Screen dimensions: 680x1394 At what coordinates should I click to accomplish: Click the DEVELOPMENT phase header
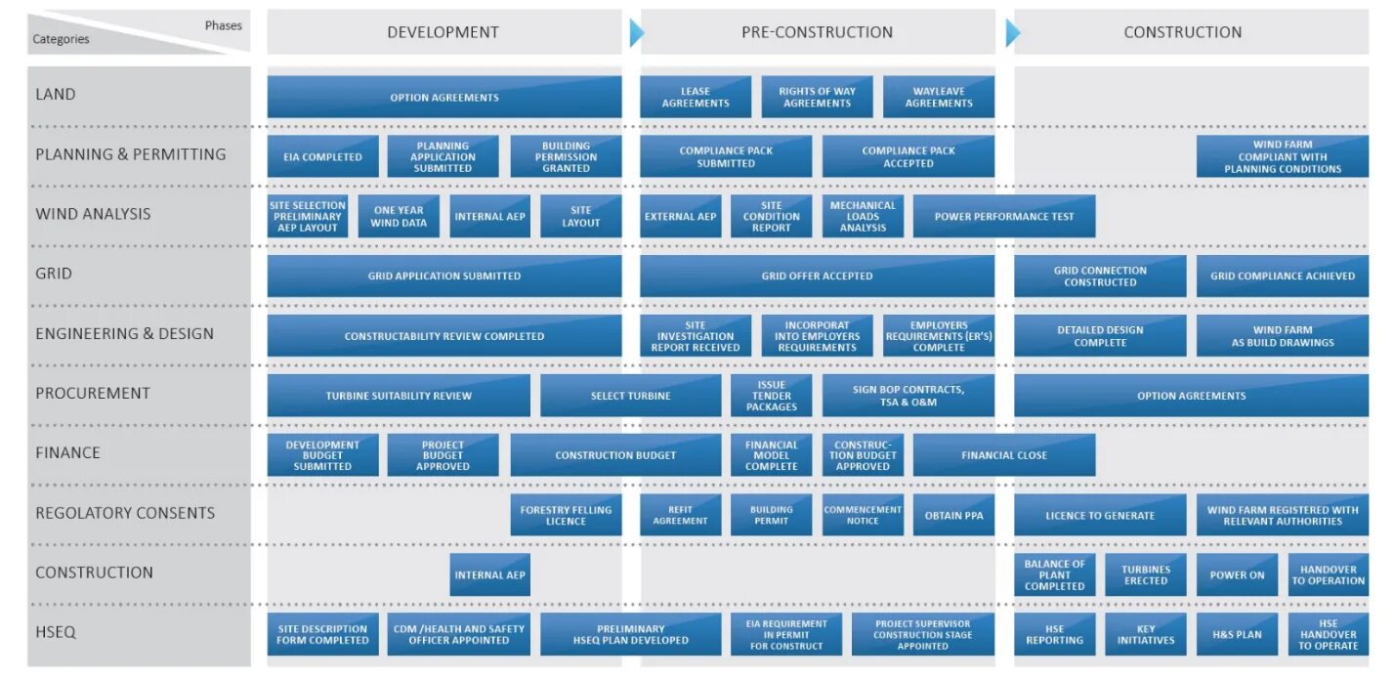tap(443, 32)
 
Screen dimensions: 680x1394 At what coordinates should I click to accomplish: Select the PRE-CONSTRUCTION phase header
tap(817, 32)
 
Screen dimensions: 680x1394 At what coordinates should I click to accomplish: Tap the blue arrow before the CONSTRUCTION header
tap(1012, 33)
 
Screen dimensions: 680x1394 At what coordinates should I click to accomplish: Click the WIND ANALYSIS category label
tap(93, 214)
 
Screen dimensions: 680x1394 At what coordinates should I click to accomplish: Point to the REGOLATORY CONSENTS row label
tap(125, 513)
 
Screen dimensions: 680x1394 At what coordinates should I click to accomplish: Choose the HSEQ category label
tap(56, 632)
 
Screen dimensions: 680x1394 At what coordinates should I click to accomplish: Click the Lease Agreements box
tap(696, 98)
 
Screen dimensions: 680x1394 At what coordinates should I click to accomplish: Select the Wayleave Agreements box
tap(939, 98)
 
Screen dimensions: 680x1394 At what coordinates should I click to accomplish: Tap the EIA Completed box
tap(322, 157)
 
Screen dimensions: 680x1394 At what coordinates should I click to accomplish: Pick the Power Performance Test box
tap(1003, 217)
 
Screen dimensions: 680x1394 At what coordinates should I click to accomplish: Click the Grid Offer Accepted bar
tap(817, 276)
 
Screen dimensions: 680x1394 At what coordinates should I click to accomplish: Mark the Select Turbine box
tap(630, 396)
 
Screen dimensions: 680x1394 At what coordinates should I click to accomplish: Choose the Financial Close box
tap(1003, 455)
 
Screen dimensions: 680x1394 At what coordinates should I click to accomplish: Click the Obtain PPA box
tap(953, 515)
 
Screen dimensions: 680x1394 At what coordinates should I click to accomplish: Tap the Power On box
tap(1237, 574)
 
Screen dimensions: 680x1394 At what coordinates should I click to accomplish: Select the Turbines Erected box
tap(1146, 574)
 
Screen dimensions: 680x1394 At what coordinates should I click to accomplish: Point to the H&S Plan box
tap(1237, 634)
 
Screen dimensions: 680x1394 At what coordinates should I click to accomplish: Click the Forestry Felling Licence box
tap(566, 515)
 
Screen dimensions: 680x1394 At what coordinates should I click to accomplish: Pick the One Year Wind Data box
tap(399, 217)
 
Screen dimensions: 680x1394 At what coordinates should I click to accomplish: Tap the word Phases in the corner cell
tap(223, 25)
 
